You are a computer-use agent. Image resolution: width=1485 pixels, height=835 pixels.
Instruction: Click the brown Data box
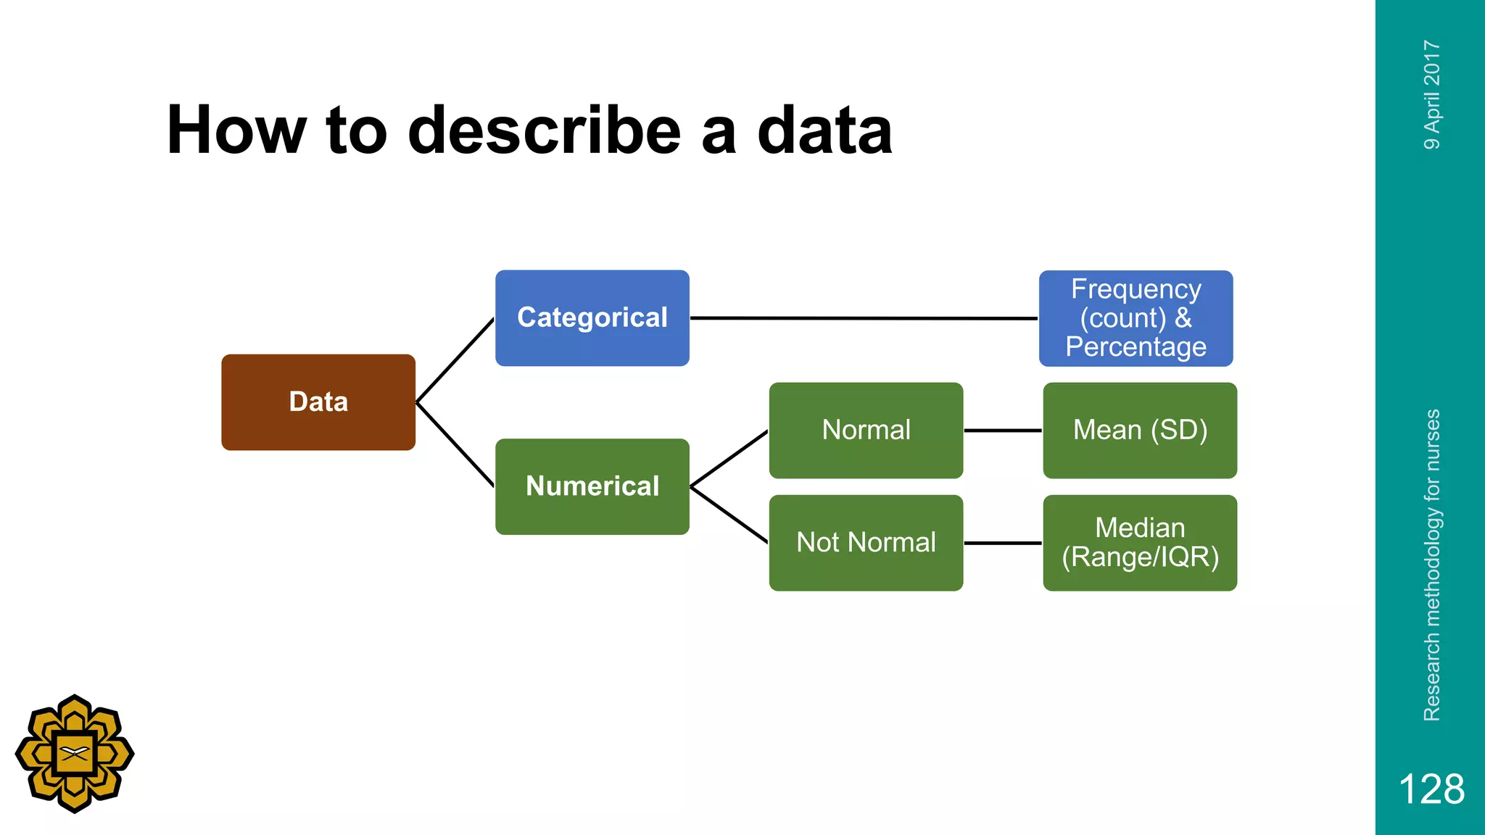click(318, 402)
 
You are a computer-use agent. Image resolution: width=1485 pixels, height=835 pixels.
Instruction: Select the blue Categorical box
click(592, 318)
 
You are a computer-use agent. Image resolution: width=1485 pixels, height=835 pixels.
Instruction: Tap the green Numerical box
click(592, 486)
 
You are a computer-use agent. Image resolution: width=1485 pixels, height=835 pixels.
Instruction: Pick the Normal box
click(866, 431)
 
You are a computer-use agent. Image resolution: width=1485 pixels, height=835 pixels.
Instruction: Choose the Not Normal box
click(866, 543)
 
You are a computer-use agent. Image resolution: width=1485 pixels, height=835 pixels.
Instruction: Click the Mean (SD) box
click(1140, 431)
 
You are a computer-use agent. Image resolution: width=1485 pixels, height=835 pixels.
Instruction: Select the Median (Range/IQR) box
click(1140, 543)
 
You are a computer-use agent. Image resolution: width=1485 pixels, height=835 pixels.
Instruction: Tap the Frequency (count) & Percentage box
click(1136, 318)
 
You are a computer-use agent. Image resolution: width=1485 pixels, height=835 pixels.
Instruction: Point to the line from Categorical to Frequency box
click(863, 318)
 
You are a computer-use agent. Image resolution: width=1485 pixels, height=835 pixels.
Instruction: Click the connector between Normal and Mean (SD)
click(1003, 431)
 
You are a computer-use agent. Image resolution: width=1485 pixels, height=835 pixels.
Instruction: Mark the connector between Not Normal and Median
click(1003, 543)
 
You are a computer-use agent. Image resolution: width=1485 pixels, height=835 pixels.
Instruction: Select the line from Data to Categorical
click(455, 360)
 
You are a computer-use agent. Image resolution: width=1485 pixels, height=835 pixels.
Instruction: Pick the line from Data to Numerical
click(455, 444)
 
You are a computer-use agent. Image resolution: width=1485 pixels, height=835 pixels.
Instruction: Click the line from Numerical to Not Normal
click(729, 515)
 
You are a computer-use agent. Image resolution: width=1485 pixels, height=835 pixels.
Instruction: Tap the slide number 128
click(1431, 789)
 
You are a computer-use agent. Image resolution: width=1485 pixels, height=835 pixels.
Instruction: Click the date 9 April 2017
click(1431, 95)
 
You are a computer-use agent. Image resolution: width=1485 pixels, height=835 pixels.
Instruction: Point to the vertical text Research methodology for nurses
click(1431, 565)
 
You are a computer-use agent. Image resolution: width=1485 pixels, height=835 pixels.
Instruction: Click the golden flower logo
click(75, 754)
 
